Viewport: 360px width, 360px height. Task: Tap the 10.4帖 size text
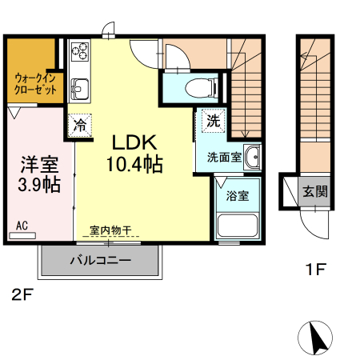134,166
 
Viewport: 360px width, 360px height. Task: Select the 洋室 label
38,165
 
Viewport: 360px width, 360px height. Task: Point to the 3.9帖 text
38,186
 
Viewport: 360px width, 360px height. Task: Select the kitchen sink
79,86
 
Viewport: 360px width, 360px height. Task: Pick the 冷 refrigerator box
80,125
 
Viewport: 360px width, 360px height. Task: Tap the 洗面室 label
224,157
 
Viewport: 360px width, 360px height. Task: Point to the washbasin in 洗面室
253,158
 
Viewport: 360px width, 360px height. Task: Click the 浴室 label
237,195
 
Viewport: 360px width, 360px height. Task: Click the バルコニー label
100,260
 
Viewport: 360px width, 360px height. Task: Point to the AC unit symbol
24,234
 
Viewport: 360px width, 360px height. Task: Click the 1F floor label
314,269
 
